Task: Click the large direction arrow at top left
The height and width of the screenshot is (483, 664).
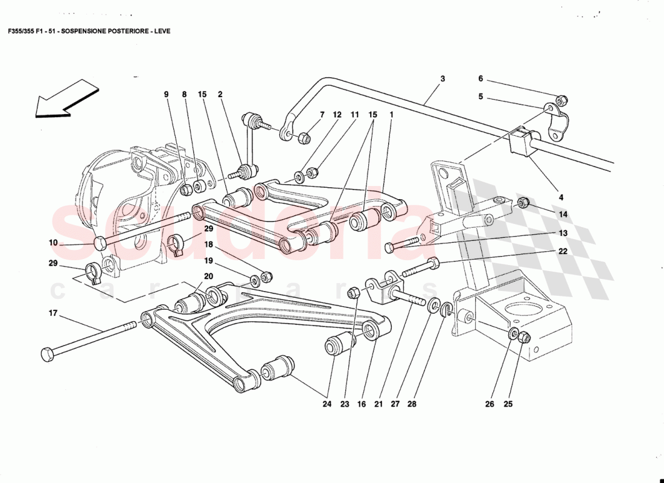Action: (65, 101)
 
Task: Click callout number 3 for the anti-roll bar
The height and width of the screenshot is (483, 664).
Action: (442, 79)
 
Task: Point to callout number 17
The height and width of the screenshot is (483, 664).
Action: (53, 313)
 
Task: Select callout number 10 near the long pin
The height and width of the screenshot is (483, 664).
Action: (53, 243)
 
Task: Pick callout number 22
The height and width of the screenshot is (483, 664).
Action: (563, 252)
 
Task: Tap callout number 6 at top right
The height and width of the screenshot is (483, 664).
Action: (480, 78)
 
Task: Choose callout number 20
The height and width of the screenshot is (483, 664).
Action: (209, 276)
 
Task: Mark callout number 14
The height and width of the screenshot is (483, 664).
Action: (563, 214)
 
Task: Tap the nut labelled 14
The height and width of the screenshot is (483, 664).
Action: (524, 202)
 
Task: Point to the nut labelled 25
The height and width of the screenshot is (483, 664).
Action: (525, 337)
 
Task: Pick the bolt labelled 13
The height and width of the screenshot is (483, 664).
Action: (398, 246)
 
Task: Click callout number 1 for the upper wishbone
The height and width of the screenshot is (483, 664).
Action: (392, 114)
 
